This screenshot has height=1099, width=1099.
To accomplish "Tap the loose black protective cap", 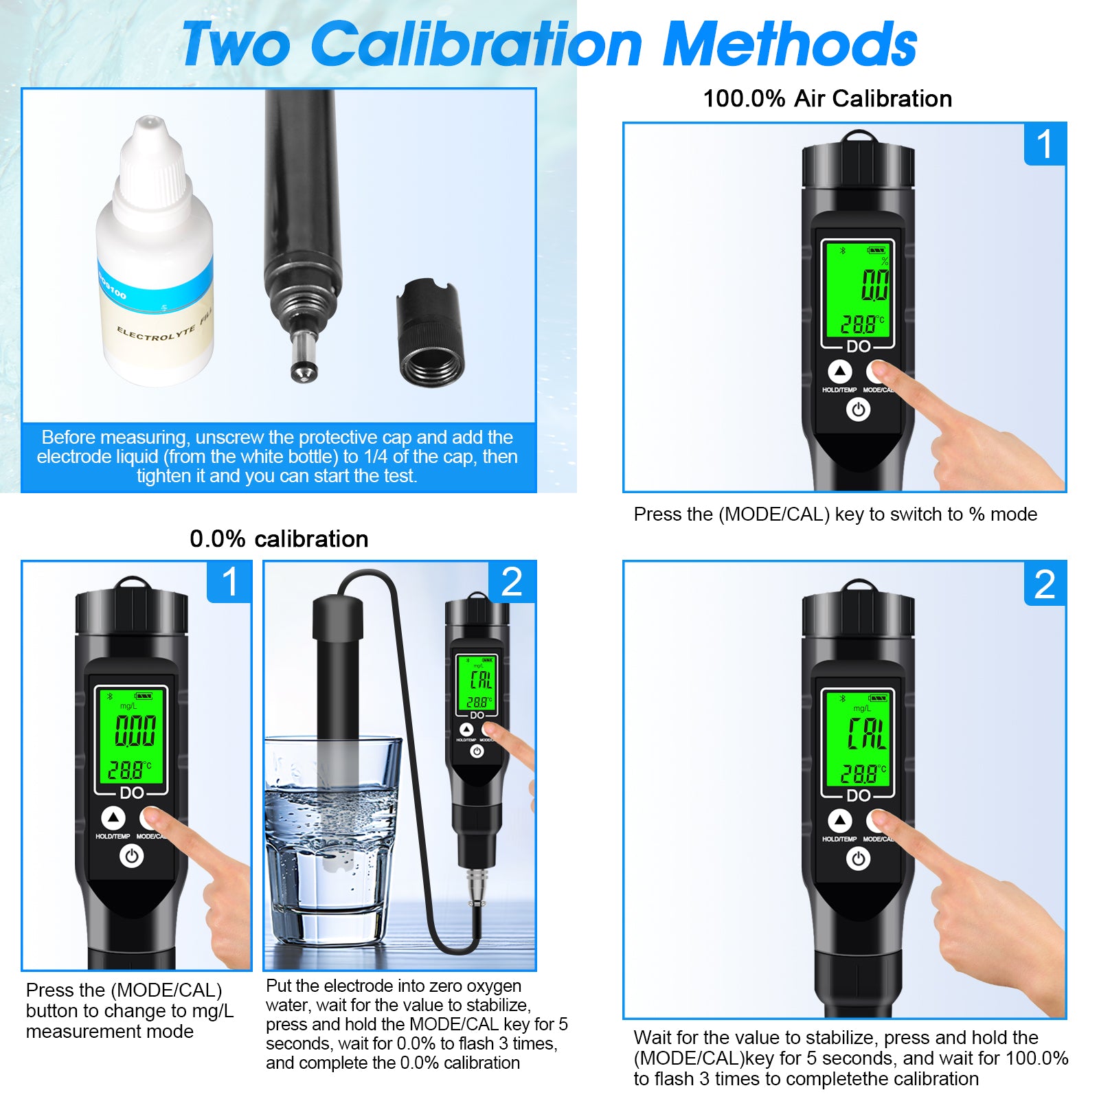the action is [430, 333].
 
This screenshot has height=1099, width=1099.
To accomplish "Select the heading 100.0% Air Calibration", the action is [827, 99].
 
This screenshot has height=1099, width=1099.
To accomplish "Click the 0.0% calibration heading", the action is [279, 539].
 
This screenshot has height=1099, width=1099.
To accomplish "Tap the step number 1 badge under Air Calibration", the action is [1044, 144].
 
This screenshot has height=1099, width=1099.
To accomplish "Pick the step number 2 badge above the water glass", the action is [511, 582].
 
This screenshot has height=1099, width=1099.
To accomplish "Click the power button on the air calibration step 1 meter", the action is [858, 410].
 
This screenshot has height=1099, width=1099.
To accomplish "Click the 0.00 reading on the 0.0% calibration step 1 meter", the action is [135, 730].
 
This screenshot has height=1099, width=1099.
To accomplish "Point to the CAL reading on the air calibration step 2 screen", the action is [867, 734].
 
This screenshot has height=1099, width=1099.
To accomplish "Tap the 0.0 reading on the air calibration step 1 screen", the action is [875, 285].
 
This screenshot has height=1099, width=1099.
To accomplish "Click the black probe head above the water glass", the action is [337, 618].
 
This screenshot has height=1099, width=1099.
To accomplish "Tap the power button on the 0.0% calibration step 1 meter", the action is [132, 857].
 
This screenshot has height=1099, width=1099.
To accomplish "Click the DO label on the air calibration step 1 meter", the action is [858, 347].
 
